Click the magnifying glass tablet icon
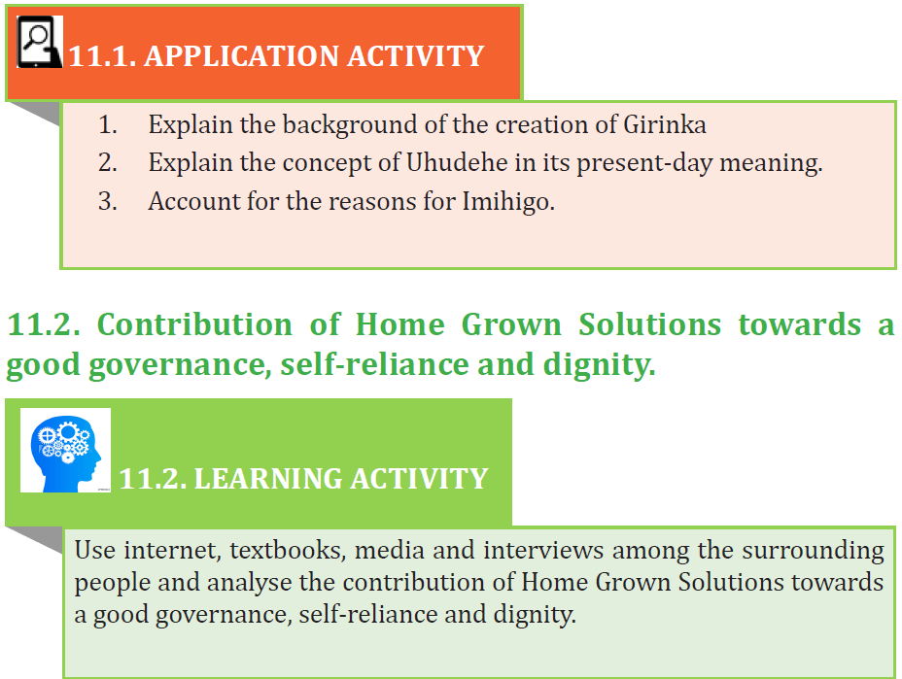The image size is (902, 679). pos(40,42)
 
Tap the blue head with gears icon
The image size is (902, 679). pos(65,450)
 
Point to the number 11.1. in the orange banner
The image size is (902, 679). pos(102,56)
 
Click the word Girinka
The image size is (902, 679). pos(665,124)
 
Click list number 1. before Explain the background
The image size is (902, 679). pos(108,124)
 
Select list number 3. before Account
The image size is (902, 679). pos(108,201)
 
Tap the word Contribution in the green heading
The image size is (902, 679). pos(194,324)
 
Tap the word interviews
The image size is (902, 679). pos(543,550)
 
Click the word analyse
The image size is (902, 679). pos(249,584)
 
